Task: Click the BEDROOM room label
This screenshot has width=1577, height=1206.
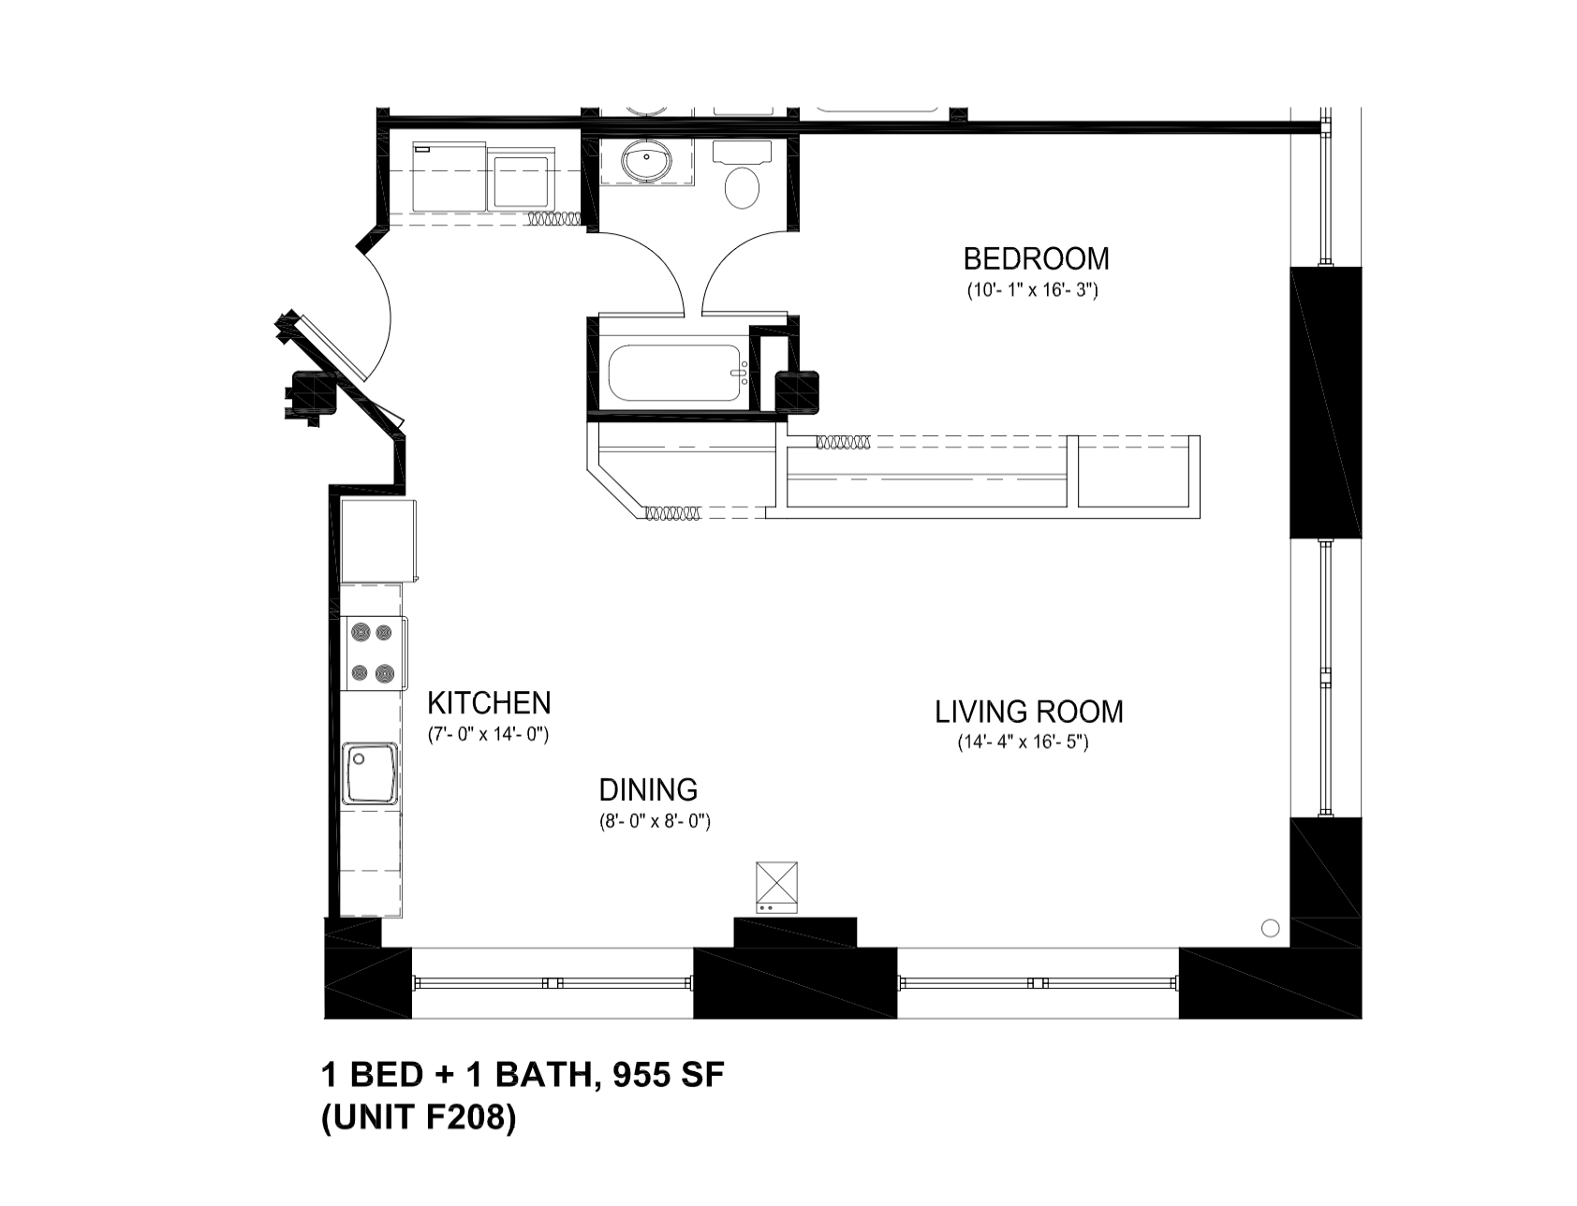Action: [1036, 258]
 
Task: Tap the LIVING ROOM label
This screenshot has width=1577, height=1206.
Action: [1028, 712]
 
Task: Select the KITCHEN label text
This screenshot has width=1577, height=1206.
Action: [489, 703]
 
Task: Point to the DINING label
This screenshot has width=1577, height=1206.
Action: [648, 790]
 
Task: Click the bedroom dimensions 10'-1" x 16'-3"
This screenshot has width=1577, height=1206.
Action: [1032, 290]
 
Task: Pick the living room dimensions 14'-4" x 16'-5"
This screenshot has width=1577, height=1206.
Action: [1022, 743]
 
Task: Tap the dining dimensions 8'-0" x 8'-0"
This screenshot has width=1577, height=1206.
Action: [655, 822]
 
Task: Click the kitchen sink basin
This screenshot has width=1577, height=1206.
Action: [371, 773]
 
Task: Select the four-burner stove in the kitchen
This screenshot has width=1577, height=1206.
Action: [372, 653]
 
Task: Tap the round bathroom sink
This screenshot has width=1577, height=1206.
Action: [646, 161]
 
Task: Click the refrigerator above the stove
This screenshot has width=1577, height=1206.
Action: [377, 540]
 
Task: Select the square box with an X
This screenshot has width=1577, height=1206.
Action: [776, 883]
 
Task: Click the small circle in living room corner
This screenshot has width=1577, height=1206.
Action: [1270, 928]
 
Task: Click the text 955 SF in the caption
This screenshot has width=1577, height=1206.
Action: [668, 1076]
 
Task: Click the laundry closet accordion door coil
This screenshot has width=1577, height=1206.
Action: [554, 220]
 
